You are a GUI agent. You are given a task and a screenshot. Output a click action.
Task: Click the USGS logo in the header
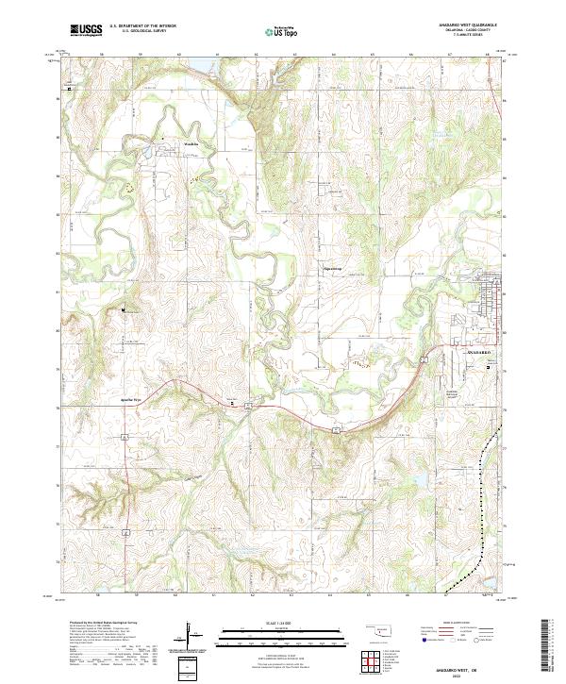pos(87,30)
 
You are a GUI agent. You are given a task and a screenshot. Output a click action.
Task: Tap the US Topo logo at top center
pos(279,31)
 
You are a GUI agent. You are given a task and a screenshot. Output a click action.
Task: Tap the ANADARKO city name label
pos(480,351)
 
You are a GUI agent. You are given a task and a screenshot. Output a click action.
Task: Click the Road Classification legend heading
pos(451,624)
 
